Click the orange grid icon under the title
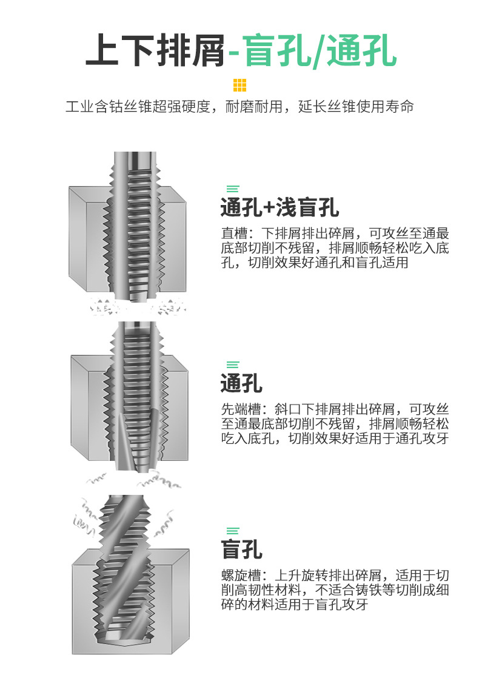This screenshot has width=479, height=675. click(x=239, y=85)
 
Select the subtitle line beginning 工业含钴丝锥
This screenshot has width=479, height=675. click(x=239, y=107)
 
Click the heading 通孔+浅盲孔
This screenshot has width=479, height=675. click(x=280, y=208)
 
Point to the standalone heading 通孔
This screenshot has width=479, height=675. click(x=241, y=383)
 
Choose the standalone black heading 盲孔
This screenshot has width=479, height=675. click(x=241, y=549)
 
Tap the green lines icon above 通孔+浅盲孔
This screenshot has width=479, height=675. click(x=232, y=189)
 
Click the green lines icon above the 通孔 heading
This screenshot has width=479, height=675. click(x=232, y=364)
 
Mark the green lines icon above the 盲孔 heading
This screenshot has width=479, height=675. click(x=232, y=531)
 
